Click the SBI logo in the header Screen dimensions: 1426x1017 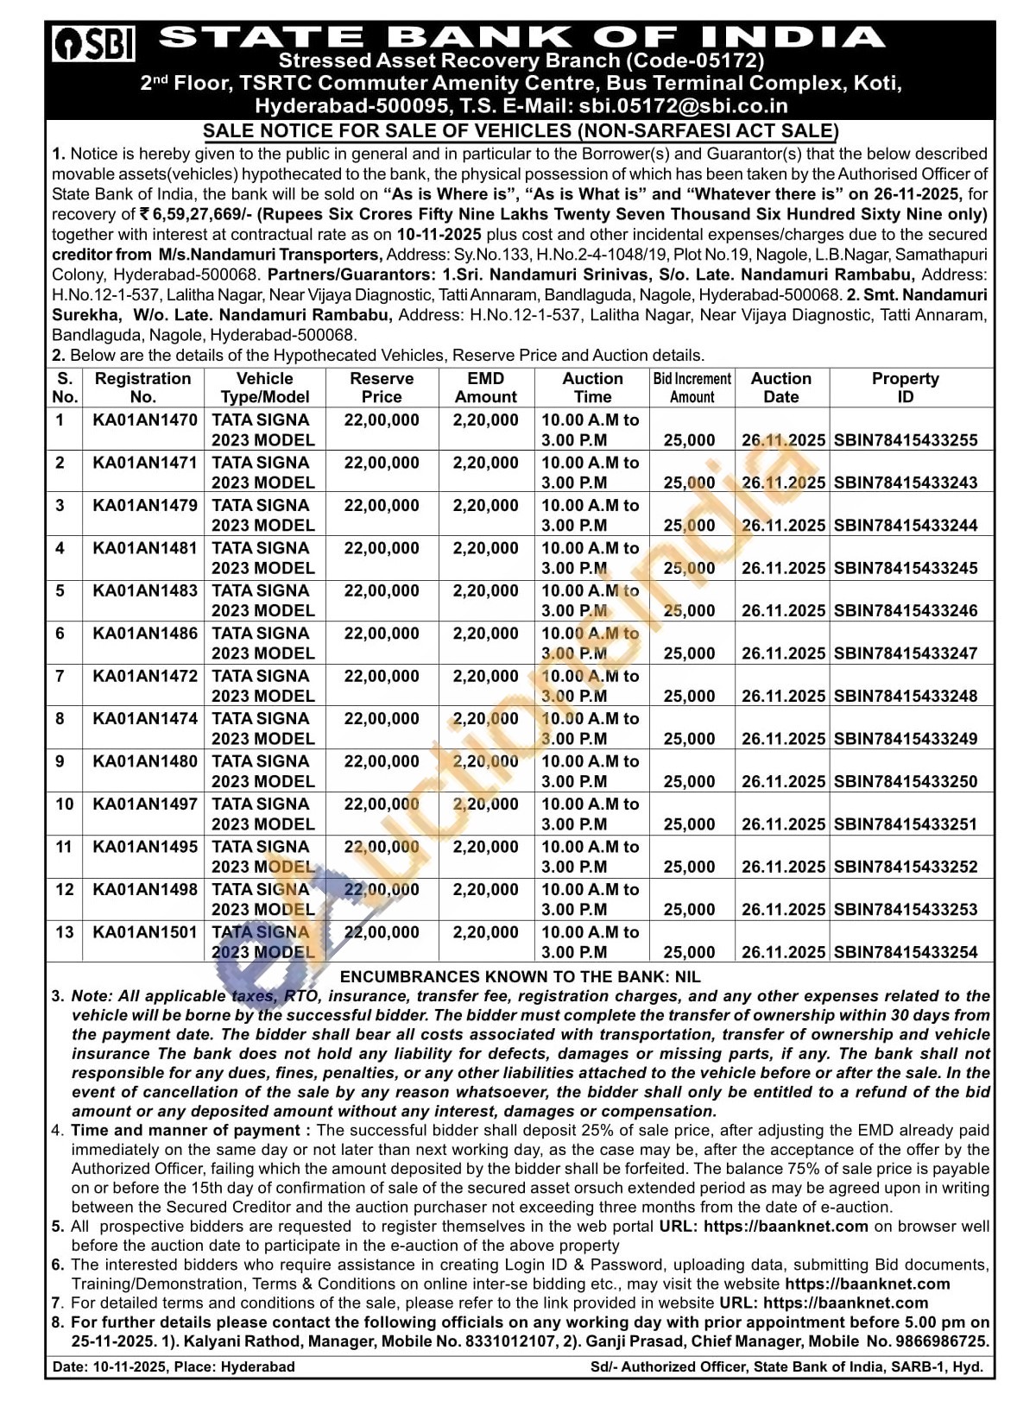94,44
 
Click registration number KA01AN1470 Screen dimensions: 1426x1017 144,420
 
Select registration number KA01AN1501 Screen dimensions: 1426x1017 144,932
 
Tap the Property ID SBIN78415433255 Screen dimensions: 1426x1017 906,440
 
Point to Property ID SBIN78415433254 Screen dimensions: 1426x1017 906,953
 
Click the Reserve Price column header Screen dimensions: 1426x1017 382,388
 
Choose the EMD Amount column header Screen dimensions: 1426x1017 486,388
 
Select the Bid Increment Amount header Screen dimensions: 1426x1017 692,388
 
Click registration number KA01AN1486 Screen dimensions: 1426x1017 144,634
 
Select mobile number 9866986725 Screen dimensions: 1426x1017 939,1341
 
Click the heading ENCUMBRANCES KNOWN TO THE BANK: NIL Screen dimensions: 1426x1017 521,976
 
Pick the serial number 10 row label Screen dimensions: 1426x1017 64,804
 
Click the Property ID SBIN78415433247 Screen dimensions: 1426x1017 906,653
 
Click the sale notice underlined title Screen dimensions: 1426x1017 521,131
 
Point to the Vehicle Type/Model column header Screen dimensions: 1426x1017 265,388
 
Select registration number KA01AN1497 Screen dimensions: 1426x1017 144,804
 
